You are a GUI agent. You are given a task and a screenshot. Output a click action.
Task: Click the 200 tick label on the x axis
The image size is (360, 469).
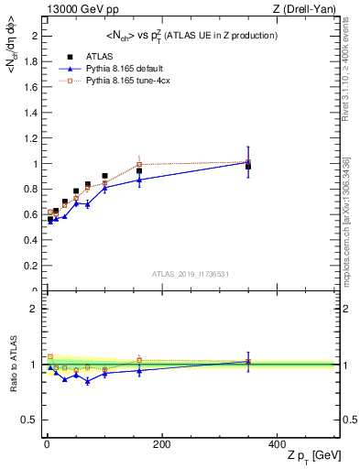(161, 444)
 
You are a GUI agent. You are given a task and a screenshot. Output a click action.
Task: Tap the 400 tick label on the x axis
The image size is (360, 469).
(276, 444)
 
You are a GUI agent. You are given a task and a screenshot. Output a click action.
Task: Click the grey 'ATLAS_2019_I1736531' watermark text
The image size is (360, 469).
(189, 274)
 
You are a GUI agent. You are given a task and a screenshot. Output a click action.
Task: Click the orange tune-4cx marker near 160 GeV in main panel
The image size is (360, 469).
(139, 165)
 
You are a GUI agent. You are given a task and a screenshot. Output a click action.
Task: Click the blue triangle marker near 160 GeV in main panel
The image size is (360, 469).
(139, 180)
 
